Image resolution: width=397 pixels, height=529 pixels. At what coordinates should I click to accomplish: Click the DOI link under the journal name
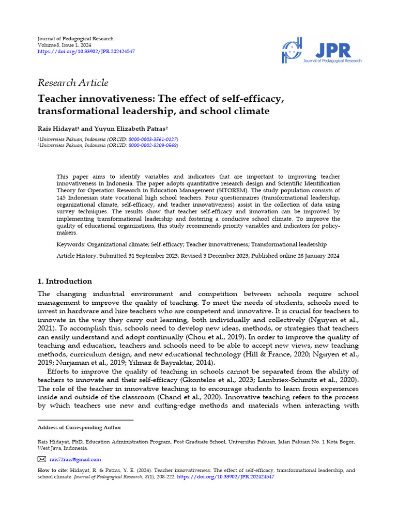86,52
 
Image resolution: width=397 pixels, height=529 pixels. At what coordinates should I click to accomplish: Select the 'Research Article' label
73,83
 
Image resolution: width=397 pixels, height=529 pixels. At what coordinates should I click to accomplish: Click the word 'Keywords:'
71,244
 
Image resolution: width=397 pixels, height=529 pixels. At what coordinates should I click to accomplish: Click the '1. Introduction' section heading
65,282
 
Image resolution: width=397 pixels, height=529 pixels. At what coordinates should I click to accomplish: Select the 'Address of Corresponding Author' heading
79,427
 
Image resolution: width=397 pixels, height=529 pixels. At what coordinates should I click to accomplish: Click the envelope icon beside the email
42,459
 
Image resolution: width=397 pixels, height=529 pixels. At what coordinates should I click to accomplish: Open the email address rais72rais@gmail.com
75,459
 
